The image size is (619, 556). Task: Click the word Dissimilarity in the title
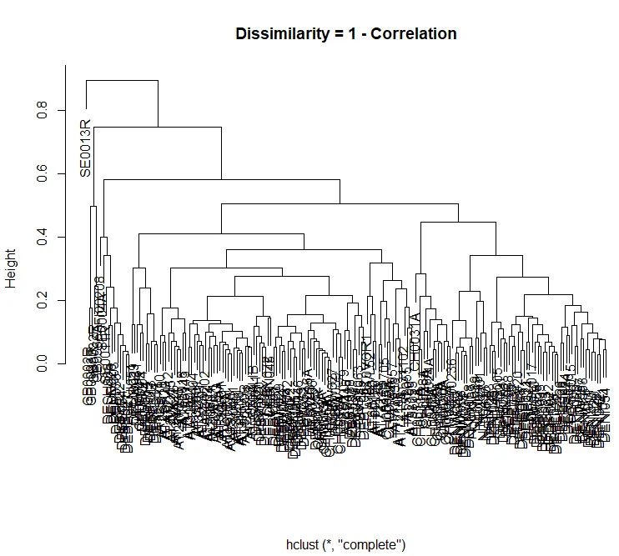(279, 34)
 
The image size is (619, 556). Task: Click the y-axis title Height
(12, 267)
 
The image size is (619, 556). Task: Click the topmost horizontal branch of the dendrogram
(122, 80)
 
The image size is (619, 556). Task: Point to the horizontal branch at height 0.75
(158, 127)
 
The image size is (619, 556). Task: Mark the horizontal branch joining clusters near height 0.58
(221, 179)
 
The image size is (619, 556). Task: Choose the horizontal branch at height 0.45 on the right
(459, 223)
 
